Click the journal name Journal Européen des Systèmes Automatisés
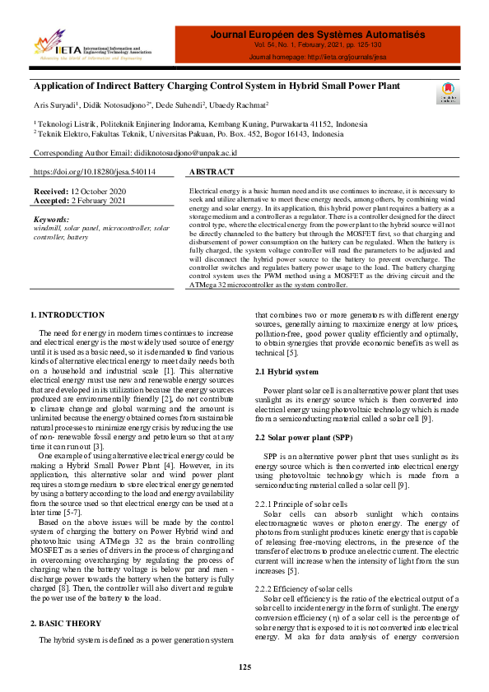pos(318,35)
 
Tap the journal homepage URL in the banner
pos(318,58)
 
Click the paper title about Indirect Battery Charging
pos(217,86)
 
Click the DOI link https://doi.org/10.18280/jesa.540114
pos(94,173)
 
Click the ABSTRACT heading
pos(212,173)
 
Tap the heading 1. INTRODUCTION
pos(68,315)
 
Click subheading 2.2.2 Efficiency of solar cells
pos(302,588)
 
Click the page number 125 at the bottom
pos(244,666)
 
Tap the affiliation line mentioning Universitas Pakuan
pos(189,133)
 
